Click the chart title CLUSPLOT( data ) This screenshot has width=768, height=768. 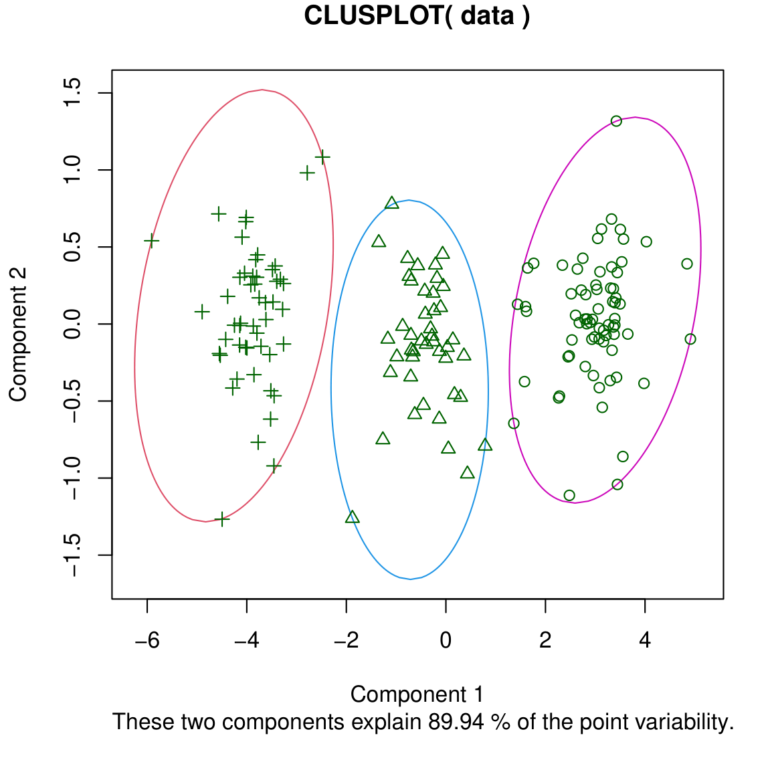[417, 15]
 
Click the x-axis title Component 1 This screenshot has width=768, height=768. [417, 694]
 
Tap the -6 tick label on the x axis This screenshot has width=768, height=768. [147, 640]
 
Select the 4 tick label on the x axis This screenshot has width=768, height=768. [645, 640]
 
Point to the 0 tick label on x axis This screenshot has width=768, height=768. [446, 640]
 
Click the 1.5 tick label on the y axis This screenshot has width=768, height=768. [72, 93]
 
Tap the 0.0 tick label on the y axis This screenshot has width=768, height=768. [72, 324]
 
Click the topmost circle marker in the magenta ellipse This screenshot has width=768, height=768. [616, 121]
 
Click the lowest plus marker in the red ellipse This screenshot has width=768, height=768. [222, 519]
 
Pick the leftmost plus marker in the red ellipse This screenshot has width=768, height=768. [152, 241]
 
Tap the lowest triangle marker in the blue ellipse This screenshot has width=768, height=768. [353, 517]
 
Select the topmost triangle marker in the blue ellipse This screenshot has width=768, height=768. [392, 203]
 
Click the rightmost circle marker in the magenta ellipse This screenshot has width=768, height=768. [690, 339]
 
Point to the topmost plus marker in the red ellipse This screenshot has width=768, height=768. [322, 157]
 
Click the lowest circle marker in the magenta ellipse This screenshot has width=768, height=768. [569, 496]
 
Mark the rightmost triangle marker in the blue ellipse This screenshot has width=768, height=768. [485, 445]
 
